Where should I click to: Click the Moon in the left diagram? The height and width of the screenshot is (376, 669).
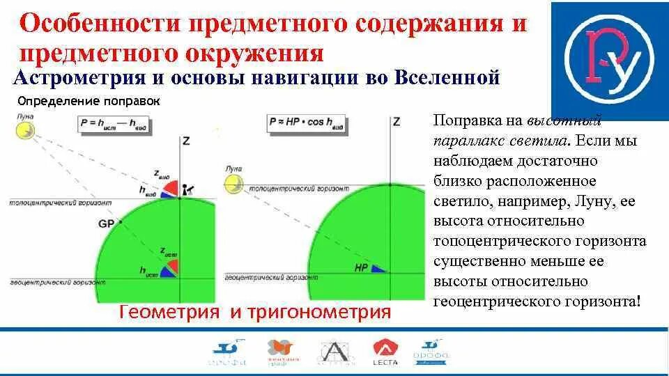tap(25, 129)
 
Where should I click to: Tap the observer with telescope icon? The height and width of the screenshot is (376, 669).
tap(188, 188)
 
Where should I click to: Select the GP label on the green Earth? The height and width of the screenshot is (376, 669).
tap(107, 224)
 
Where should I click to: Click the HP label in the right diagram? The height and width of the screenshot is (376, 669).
tap(360, 267)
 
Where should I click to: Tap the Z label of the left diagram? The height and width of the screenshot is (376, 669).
tap(185, 141)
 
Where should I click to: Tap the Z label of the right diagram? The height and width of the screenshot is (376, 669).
tap(397, 122)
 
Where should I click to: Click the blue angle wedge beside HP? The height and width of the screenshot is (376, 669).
tap(378, 267)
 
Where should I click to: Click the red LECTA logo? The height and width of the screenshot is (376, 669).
tap(385, 352)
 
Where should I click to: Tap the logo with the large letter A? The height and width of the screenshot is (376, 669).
tap(333, 352)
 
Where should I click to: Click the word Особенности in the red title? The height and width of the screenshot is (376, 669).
tap(97, 26)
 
